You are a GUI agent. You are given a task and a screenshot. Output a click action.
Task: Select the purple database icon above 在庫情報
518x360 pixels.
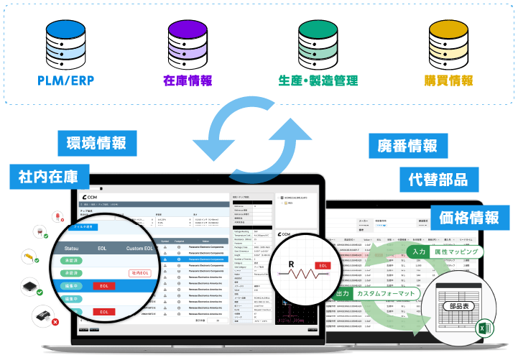click(188, 41)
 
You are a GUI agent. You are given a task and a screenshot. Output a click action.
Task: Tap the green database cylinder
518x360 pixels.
click(317, 41)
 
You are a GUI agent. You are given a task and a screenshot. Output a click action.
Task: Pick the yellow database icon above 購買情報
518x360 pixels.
click(448, 41)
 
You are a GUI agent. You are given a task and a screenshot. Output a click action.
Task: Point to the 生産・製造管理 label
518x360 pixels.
click(318, 80)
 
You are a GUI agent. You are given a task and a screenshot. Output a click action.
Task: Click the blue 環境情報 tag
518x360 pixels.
click(96, 141)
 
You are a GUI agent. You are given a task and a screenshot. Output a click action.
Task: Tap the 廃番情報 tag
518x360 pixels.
click(407, 146)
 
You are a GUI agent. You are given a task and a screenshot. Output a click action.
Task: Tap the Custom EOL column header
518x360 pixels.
click(139, 249)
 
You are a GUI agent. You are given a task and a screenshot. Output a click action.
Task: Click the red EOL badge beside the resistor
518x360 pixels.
click(324, 265)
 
